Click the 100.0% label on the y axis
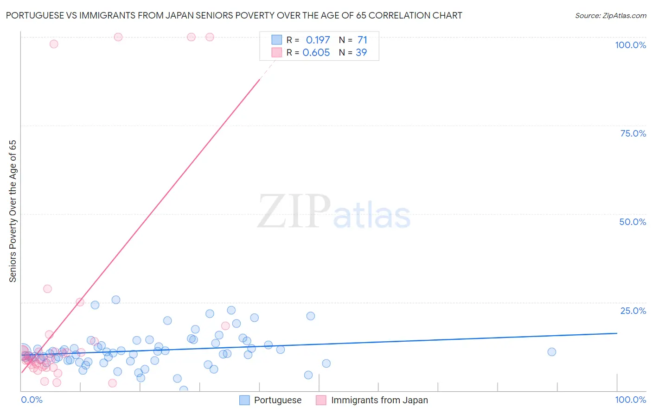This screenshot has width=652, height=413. pos(630,45)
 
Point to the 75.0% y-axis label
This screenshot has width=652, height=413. pos(633,133)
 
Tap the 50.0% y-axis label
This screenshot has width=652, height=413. pos(633,222)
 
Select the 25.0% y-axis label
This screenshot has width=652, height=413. pos(633,311)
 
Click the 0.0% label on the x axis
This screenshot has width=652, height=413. pos(32,400)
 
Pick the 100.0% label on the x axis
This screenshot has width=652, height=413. pos(630,400)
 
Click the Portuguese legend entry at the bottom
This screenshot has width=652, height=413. pos(277,400)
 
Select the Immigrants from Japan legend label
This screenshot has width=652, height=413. pos(379,400)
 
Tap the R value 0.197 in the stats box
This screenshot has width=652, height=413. pos(318,40)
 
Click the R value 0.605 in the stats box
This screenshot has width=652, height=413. pos(316,53)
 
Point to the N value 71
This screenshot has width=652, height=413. pos(362,40)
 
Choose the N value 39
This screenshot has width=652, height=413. pos(361,53)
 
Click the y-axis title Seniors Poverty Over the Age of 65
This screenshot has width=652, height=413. pos(13,211)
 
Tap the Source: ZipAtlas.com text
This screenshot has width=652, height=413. pos(610,16)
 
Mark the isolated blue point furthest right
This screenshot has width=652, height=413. pos(551,352)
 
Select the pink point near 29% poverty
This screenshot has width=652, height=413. pos(47,289)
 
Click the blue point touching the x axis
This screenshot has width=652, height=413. pos(184,390)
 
